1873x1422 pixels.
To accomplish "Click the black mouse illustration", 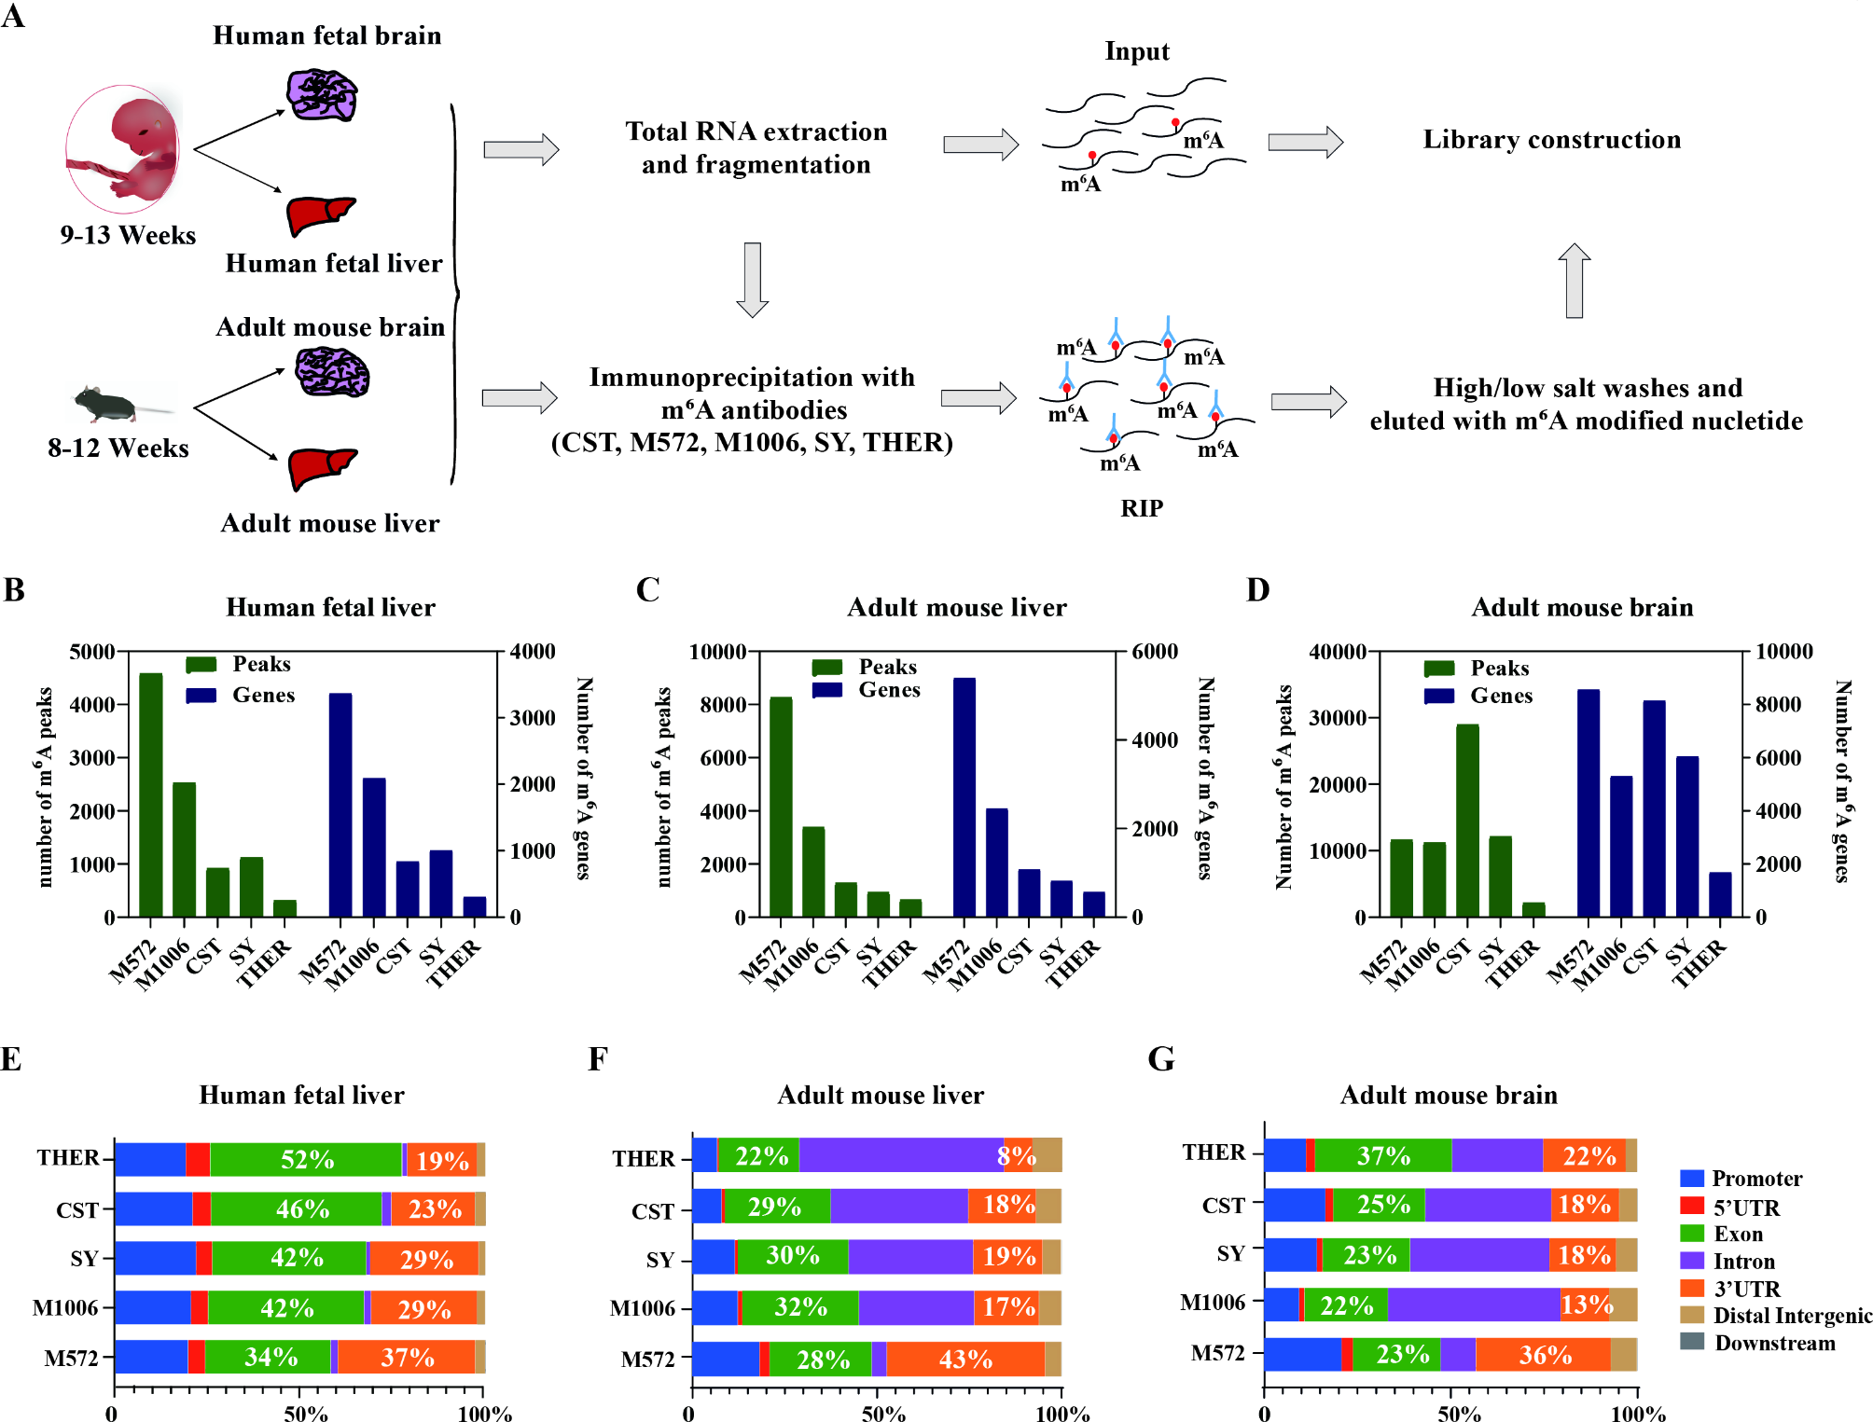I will coord(107,404).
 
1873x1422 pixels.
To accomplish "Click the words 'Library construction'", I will coord(1551,140).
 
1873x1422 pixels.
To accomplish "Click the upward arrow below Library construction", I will coord(1574,281).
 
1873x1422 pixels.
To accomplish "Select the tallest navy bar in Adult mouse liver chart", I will coord(964,797).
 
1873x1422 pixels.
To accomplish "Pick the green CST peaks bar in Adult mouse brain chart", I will coord(1467,821).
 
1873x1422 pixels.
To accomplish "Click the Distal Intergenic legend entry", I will coord(1792,1316).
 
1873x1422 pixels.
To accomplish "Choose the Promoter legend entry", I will coord(1756,1179).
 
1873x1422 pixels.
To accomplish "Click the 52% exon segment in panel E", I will coord(306,1159).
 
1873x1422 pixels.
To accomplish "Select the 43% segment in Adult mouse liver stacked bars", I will coord(965,1359).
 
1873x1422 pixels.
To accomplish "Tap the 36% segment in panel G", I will coord(1544,1354).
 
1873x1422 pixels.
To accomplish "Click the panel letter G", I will coord(1161,1059).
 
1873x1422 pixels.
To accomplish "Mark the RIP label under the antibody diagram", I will coord(1142,508).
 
